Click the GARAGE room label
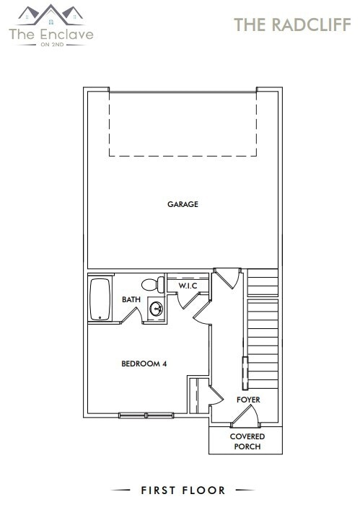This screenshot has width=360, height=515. click(x=183, y=204)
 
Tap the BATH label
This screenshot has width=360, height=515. click(x=131, y=299)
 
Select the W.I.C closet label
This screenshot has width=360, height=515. click(x=188, y=286)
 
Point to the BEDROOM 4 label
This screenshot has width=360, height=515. click(x=144, y=364)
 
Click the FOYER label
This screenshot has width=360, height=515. click(x=248, y=400)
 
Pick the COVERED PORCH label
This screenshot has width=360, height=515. click(x=247, y=441)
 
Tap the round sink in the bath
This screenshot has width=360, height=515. click(x=157, y=309)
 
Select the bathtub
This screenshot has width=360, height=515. click(x=99, y=299)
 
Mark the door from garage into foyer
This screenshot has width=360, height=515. click(x=226, y=278)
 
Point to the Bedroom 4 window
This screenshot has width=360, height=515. click(x=146, y=415)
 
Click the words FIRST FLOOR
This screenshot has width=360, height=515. click(x=183, y=490)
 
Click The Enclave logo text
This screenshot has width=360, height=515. click(x=51, y=33)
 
